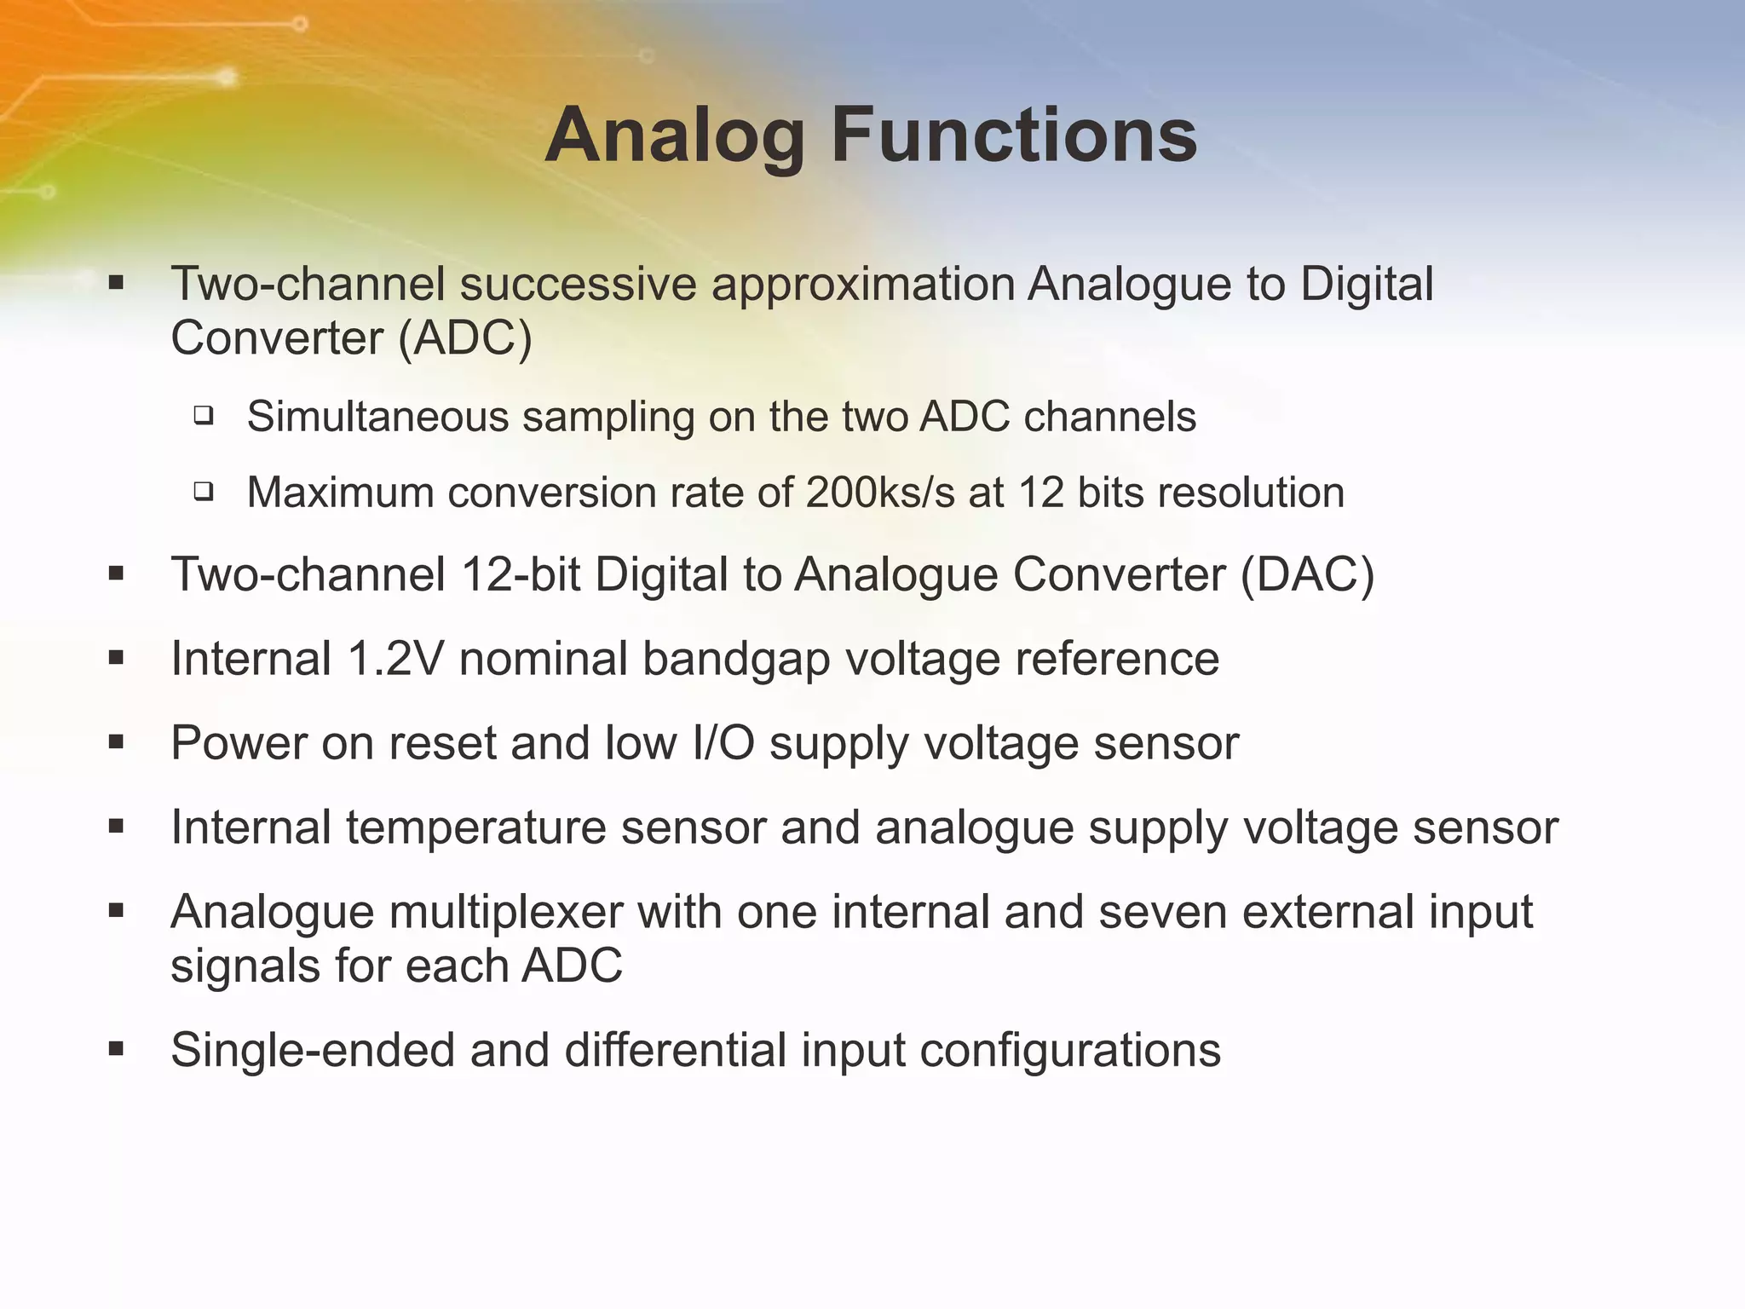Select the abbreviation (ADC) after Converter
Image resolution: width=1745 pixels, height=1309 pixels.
[x=465, y=338]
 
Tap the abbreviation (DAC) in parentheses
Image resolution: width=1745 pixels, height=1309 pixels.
[x=1307, y=574]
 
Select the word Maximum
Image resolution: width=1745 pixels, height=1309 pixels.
[x=340, y=493]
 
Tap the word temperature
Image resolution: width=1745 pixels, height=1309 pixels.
[x=476, y=827]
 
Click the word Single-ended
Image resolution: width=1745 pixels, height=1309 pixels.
[x=312, y=1050]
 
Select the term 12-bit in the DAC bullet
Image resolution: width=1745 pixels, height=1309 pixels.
[x=521, y=574]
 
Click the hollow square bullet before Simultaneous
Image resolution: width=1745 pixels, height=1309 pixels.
[x=203, y=416]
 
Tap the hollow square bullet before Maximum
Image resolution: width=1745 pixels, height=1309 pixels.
[x=203, y=491]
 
